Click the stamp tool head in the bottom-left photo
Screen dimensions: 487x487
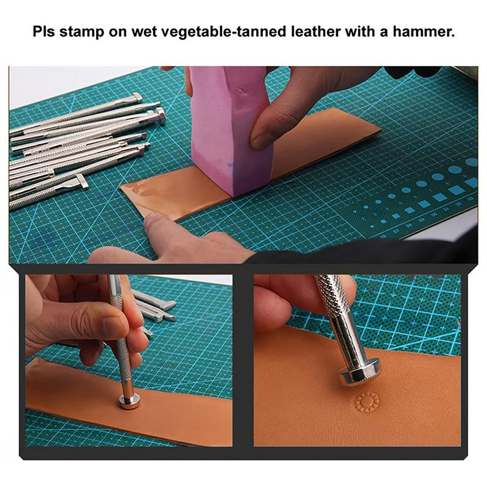[128, 401]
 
